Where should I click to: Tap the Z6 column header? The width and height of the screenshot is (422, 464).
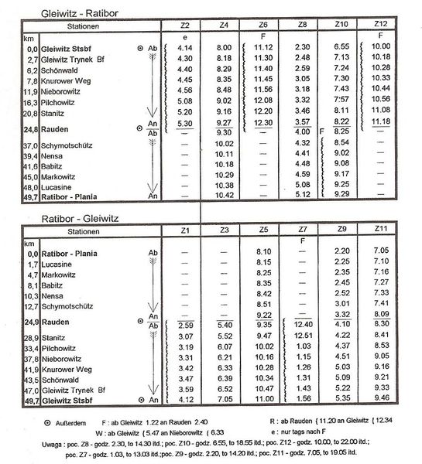coord(262,25)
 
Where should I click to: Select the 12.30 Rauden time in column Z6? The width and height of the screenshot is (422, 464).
coord(262,122)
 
